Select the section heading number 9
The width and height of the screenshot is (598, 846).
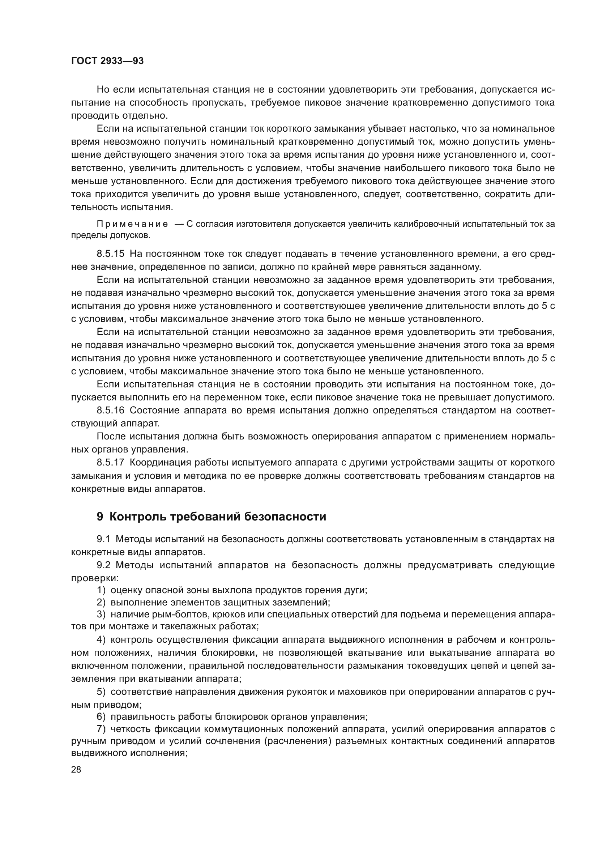[100, 517]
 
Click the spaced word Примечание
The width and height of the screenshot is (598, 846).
[132, 224]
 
